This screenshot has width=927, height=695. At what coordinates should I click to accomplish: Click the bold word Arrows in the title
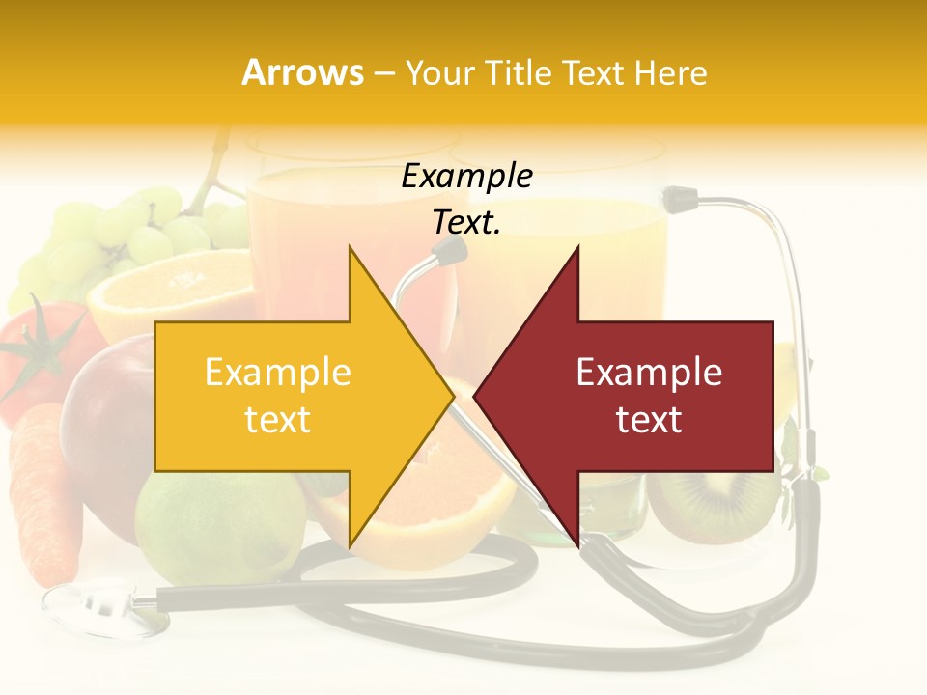(x=302, y=72)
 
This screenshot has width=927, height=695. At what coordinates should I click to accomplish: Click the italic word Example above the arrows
(x=466, y=177)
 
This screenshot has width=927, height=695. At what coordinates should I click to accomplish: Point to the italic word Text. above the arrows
(x=466, y=223)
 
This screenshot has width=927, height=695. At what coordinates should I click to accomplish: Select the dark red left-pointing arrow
(x=637, y=396)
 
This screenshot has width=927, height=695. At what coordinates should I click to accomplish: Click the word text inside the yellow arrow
(x=277, y=420)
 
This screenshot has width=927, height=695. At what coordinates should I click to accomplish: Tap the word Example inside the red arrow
(x=649, y=373)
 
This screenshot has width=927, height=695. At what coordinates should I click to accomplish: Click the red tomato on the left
(x=39, y=357)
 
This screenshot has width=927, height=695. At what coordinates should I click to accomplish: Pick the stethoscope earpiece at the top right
(x=677, y=200)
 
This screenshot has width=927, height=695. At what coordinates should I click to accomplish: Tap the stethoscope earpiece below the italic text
(x=449, y=253)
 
